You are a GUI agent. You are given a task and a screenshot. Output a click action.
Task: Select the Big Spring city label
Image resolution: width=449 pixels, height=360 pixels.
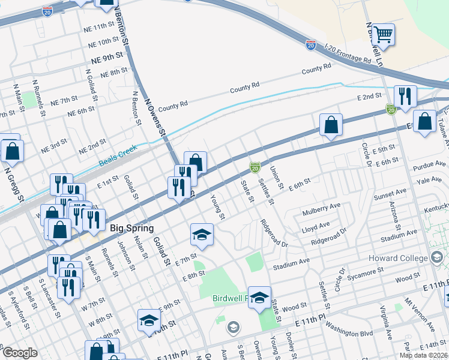pyautogui.click(x=132, y=228)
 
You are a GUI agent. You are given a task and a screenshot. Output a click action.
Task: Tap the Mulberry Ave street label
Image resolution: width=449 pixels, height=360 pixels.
pyautogui.click(x=321, y=205)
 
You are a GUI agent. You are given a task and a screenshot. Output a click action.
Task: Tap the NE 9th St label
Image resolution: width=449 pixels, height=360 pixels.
pyautogui.click(x=107, y=61)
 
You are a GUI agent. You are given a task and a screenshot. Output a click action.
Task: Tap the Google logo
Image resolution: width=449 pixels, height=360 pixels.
pyautogui.click(x=19, y=353)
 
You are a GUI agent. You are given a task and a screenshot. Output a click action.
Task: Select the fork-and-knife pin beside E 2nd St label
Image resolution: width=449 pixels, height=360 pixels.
pyautogui.click(x=405, y=97)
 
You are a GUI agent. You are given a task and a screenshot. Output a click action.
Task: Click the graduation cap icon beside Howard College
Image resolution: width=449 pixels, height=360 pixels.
pyautogui.click(x=436, y=257)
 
